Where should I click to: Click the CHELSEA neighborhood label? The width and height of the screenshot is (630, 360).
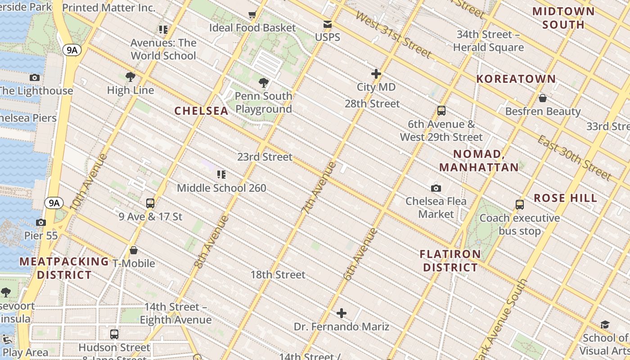(x=201, y=111)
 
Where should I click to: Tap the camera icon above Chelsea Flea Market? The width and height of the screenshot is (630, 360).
(x=436, y=188)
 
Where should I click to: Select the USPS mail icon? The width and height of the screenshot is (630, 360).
(x=328, y=24)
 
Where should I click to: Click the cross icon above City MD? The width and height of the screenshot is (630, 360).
(x=376, y=74)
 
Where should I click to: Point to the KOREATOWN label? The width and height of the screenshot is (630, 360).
(x=516, y=79)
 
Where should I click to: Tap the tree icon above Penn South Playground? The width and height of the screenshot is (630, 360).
(x=264, y=83)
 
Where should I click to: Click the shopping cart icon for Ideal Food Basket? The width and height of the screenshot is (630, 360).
(x=252, y=15)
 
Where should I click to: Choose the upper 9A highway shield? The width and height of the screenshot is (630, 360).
(x=72, y=49)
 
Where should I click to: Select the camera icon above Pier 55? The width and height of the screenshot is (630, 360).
(x=41, y=222)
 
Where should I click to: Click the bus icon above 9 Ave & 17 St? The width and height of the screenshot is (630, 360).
(x=150, y=203)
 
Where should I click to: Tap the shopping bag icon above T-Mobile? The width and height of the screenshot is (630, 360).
(x=134, y=250)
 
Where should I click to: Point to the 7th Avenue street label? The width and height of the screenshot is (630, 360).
(x=319, y=186)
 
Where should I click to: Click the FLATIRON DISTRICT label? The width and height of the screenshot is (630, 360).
(x=450, y=261)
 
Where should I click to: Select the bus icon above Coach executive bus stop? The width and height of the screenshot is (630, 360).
(x=520, y=205)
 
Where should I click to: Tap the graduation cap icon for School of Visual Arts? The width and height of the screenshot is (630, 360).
(x=605, y=325)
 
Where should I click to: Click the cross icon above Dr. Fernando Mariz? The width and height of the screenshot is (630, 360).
(x=342, y=313)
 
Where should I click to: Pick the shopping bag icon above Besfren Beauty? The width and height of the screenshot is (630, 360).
(x=543, y=98)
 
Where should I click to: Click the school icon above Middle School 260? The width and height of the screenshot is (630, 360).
(x=221, y=175)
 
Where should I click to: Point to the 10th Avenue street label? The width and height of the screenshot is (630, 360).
(x=89, y=182)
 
